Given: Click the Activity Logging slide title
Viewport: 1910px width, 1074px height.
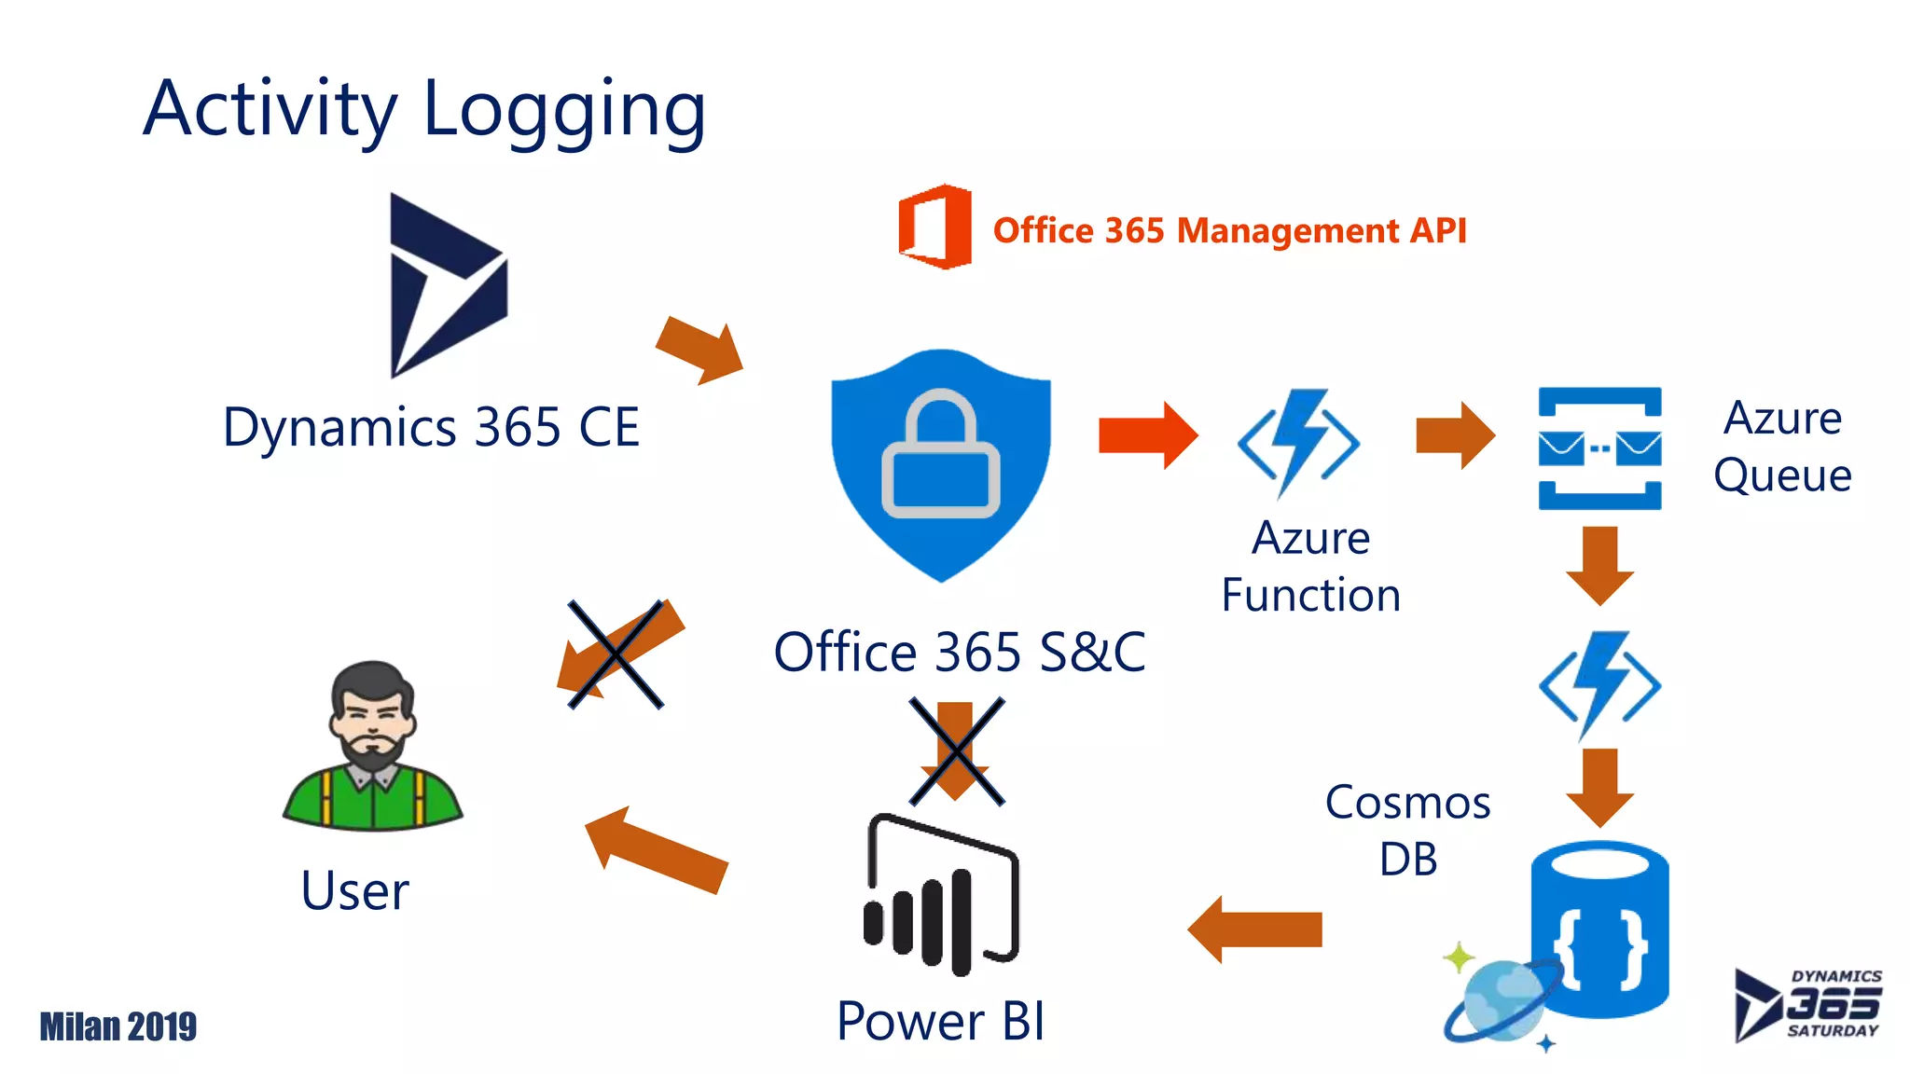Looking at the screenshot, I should click(424, 109).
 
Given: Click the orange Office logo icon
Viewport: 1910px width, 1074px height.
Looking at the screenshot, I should click(934, 227).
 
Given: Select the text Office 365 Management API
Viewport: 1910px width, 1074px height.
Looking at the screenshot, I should click(1229, 230).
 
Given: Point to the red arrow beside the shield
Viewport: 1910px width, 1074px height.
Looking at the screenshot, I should click(1146, 435).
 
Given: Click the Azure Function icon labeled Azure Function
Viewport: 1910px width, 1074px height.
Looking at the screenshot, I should click(1298, 442).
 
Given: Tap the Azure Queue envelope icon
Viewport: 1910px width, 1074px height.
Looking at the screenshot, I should click(1599, 448).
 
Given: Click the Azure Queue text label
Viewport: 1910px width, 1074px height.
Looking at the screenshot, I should click(1781, 447).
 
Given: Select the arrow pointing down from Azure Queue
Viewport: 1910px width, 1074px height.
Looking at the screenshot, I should click(1599, 564).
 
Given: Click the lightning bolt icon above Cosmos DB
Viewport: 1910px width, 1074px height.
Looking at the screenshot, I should click(1599, 685).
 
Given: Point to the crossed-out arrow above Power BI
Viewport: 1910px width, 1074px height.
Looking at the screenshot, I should click(956, 751).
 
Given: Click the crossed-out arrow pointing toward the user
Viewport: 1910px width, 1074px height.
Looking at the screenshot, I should click(616, 655).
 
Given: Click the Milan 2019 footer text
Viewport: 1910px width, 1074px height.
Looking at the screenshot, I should click(118, 1026).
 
